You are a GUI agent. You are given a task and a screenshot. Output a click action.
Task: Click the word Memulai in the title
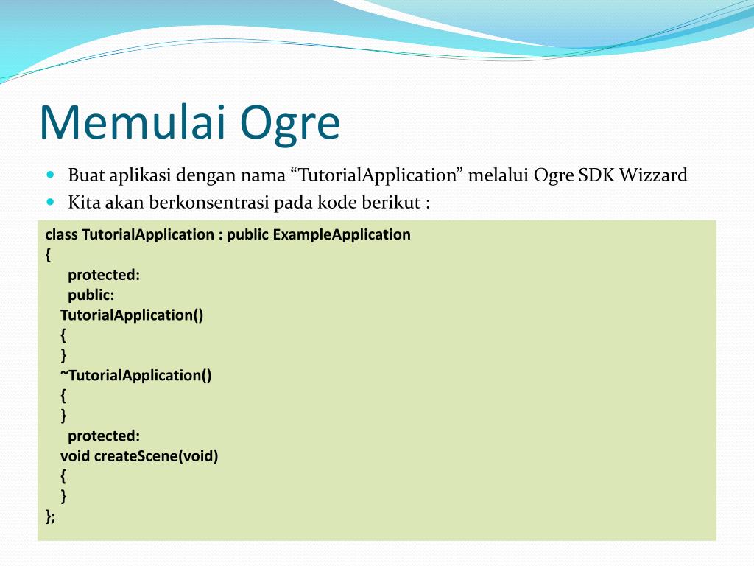point(133,122)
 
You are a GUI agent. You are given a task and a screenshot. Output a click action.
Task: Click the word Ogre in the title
point(290,125)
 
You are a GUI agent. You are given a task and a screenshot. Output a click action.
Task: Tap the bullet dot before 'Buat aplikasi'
point(52,174)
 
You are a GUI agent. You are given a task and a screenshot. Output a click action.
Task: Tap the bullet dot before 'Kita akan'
point(52,202)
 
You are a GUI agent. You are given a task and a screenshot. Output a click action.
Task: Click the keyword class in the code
point(62,234)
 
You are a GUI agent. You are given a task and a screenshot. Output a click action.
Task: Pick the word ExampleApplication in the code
point(342,235)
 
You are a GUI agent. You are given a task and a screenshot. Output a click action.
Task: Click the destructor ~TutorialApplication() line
point(136,375)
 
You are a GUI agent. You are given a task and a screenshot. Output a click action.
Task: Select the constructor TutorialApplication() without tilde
point(132,315)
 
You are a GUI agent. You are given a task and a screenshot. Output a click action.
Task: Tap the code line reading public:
point(91,295)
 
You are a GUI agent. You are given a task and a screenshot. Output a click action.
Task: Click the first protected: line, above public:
point(104,275)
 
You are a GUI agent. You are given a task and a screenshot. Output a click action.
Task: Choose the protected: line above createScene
point(104,436)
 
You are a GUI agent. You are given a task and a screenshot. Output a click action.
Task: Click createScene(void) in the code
point(156,455)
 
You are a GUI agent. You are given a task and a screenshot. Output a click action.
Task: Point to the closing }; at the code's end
point(51,517)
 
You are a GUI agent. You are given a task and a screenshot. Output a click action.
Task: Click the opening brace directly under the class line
point(48,254)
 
